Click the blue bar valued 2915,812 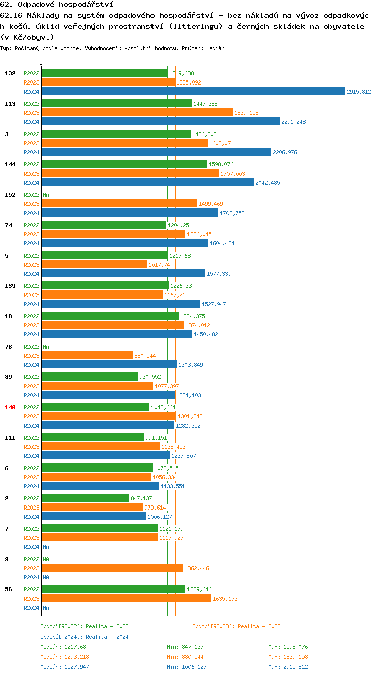(193, 91)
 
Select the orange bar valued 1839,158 (137, 112)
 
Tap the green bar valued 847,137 (85, 498)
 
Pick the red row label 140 (10, 407)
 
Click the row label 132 (10, 73)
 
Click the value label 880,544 (145, 356)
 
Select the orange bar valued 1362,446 (111, 568)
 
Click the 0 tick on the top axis (41, 63)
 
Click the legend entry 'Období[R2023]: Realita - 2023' (236, 626)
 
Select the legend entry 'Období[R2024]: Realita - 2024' (84, 637)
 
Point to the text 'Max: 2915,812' (288, 667)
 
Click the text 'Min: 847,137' (185, 647)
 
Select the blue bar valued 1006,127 (93, 516)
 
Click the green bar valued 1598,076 (124, 164)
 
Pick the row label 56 (8, 589)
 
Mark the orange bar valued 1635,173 (126, 598)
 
